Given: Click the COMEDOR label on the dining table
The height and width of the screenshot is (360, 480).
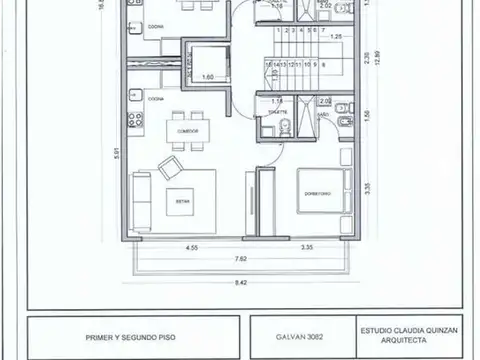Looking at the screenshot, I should (x=189, y=130).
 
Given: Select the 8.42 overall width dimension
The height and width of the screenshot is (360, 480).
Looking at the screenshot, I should (x=241, y=283).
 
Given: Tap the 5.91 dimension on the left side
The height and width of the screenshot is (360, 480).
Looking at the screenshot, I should (x=117, y=152).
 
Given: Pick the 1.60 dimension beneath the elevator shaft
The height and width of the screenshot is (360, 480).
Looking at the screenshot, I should (x=208, y=76).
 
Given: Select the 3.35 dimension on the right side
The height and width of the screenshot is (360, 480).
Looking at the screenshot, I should (x=368, y=186).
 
